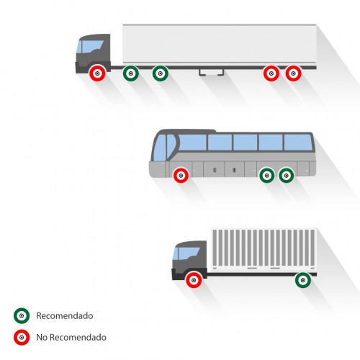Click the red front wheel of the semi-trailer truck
coord(97,73)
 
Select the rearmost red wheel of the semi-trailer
coord(293,73)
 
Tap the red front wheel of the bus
coord(181,176)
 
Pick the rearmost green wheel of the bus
coord(286,176)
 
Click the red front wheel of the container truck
coord(194,280)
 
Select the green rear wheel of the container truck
coord(303,280)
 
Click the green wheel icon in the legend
coord(22,315)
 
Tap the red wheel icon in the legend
coord(22,337)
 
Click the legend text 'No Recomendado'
coord(71,337)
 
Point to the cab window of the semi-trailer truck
coord(91,47)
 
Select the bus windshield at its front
coord(160,148)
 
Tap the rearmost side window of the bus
coord(298,143)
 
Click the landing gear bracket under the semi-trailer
coord(212,73)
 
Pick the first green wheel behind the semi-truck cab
coord(131,73)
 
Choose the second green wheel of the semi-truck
coord(161,73)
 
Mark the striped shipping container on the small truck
coord(264,250)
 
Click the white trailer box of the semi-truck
coord(220,45)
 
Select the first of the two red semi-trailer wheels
coord(271,73)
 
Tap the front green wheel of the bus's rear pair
coord(267,176)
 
